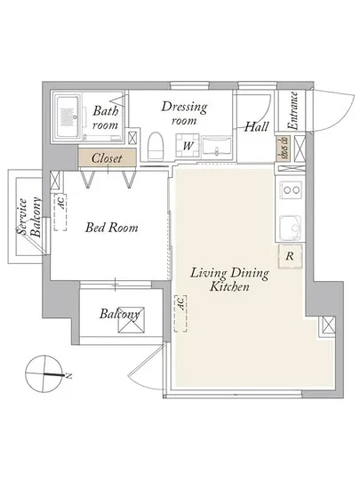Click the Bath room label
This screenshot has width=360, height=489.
[x=106, y=118]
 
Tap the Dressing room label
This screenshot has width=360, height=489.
[x=184, y=113]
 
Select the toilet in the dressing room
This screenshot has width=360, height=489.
[x=156, y=146]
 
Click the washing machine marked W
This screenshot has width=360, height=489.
[x=188, y=145]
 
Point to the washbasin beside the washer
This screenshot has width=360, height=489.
[x=217, y=147]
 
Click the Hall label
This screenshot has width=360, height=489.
[x=256, y=126]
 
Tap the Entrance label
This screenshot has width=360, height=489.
[x=293, y=111]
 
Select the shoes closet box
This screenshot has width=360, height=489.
[x=284, y=148]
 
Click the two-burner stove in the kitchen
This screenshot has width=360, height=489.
[x=291, y=189]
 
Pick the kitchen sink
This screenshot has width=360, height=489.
[x=291, y=228]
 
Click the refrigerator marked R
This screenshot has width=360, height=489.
[x=290, y=256]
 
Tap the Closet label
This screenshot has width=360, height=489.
[x=107, y=158]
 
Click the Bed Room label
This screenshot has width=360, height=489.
[x=112, y=227]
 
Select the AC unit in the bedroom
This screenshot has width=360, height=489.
[x=60, y=212]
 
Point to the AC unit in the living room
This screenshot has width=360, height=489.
[x=180, y=313]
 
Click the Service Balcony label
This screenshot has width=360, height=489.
[x=28, y=217]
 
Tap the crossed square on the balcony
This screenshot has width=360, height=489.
[x=132, y=320]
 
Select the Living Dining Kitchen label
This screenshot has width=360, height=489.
[x=229, y=279]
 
